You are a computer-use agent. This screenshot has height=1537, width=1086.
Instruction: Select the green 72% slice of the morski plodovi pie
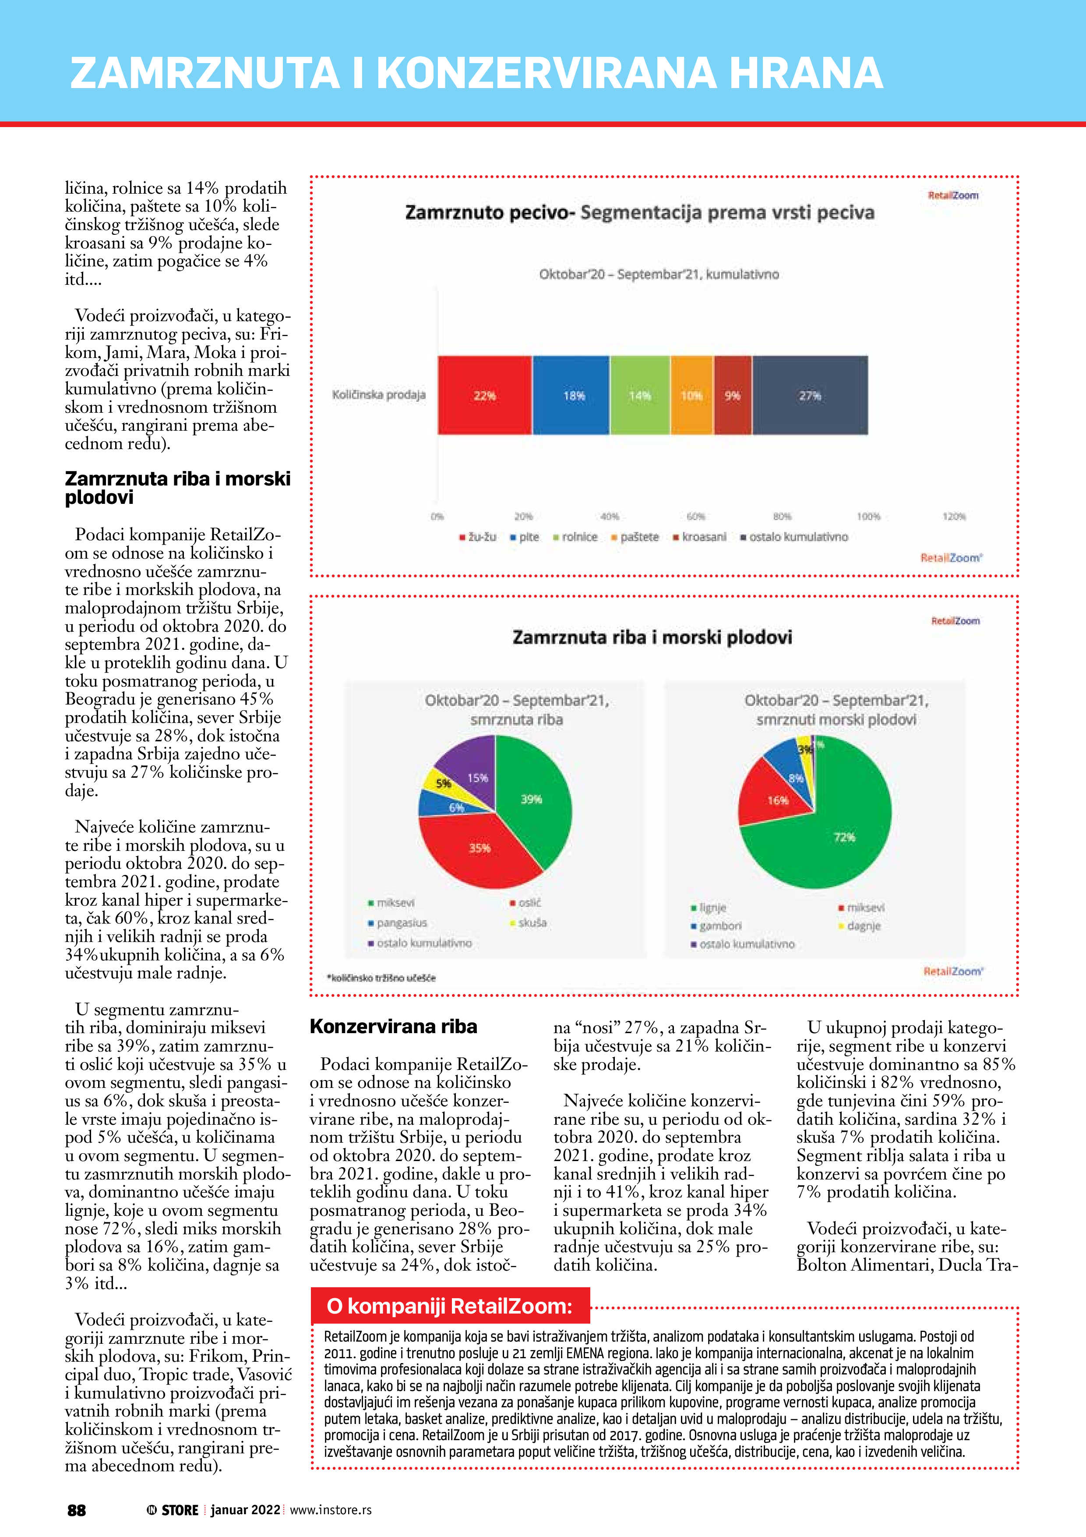846,837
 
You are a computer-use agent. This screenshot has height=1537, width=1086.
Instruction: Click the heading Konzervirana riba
393,1027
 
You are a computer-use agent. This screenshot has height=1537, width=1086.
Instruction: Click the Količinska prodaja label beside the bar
379,395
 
